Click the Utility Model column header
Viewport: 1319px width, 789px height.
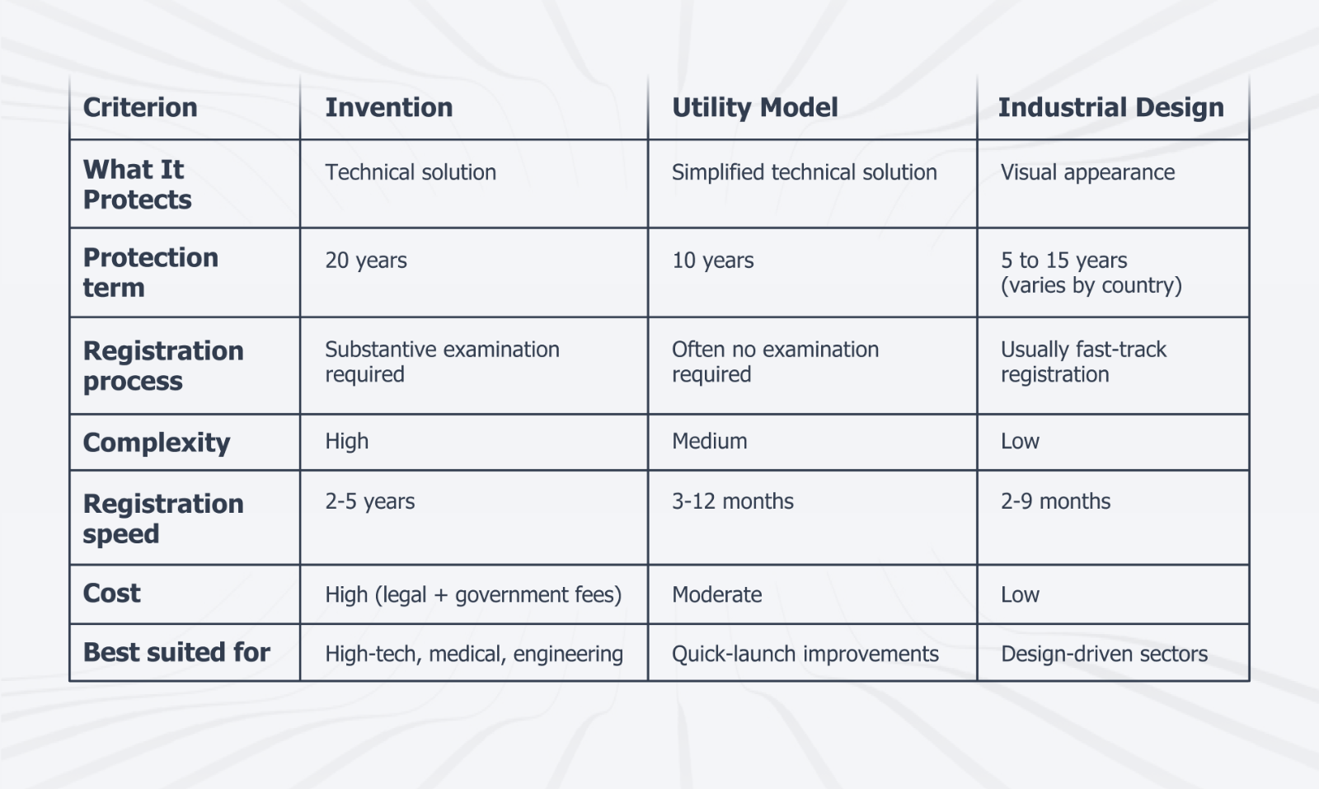(754, 107)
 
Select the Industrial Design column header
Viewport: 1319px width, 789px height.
(1110, 107)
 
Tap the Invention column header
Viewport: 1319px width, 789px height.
(388, 107)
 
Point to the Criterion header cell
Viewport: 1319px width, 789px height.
(140, 107)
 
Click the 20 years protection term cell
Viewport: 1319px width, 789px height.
(366, 261)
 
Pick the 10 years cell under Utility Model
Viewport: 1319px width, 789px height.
(712, 261)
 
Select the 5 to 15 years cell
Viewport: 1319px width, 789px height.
(1090, 272)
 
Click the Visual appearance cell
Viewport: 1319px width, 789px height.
(1087, 172)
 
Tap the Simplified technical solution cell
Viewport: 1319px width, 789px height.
(804, 172)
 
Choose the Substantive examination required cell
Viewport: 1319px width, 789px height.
(442, 361)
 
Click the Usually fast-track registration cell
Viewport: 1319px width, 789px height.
(1083, 361)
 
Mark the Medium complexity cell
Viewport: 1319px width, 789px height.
(709, 441)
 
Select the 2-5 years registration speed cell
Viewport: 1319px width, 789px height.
(369, 501)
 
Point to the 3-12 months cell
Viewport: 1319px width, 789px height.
(732, 501)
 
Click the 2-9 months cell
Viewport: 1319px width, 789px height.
(1055, 501)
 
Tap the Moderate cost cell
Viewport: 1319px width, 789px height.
(716, 594)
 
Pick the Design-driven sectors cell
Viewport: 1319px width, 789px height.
(1104, 654)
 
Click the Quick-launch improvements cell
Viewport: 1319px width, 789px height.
(805, 654)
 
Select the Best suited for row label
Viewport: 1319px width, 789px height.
(176, 652)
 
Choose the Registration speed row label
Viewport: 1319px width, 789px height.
(163, 518)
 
